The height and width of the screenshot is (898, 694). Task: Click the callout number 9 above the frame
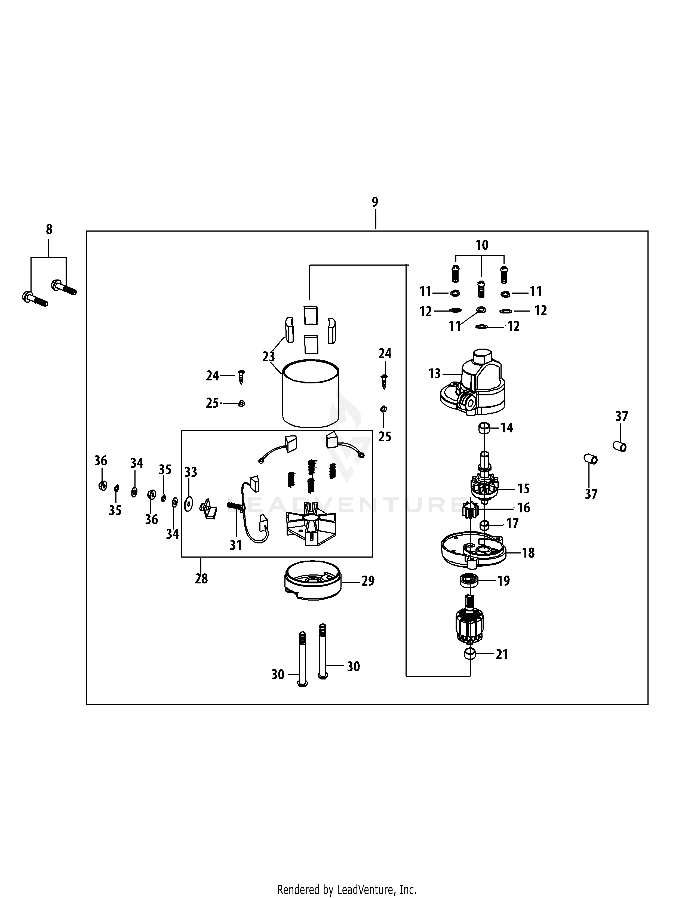click(x=375, y=202)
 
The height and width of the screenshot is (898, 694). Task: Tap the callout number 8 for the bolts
click(x=49, y=229)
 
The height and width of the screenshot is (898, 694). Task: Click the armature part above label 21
click(x=470, y=625)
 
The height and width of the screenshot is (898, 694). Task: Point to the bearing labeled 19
click(x=468, y=581)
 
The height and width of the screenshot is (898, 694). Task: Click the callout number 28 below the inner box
click(x=201, y=579)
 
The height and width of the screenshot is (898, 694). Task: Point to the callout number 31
click(x=236, y=545)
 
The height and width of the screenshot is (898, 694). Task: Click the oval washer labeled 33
click(x=189, y=504)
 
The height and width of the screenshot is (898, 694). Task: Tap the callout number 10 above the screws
click(x=482, y=245)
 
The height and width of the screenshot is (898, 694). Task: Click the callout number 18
click(x=528, y=553)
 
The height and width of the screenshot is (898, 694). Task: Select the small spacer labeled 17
click(x=485, y=525)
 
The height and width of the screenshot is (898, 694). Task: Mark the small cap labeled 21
click(x=469, y=654)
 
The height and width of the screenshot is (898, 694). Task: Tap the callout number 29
click(x=368, y=581)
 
